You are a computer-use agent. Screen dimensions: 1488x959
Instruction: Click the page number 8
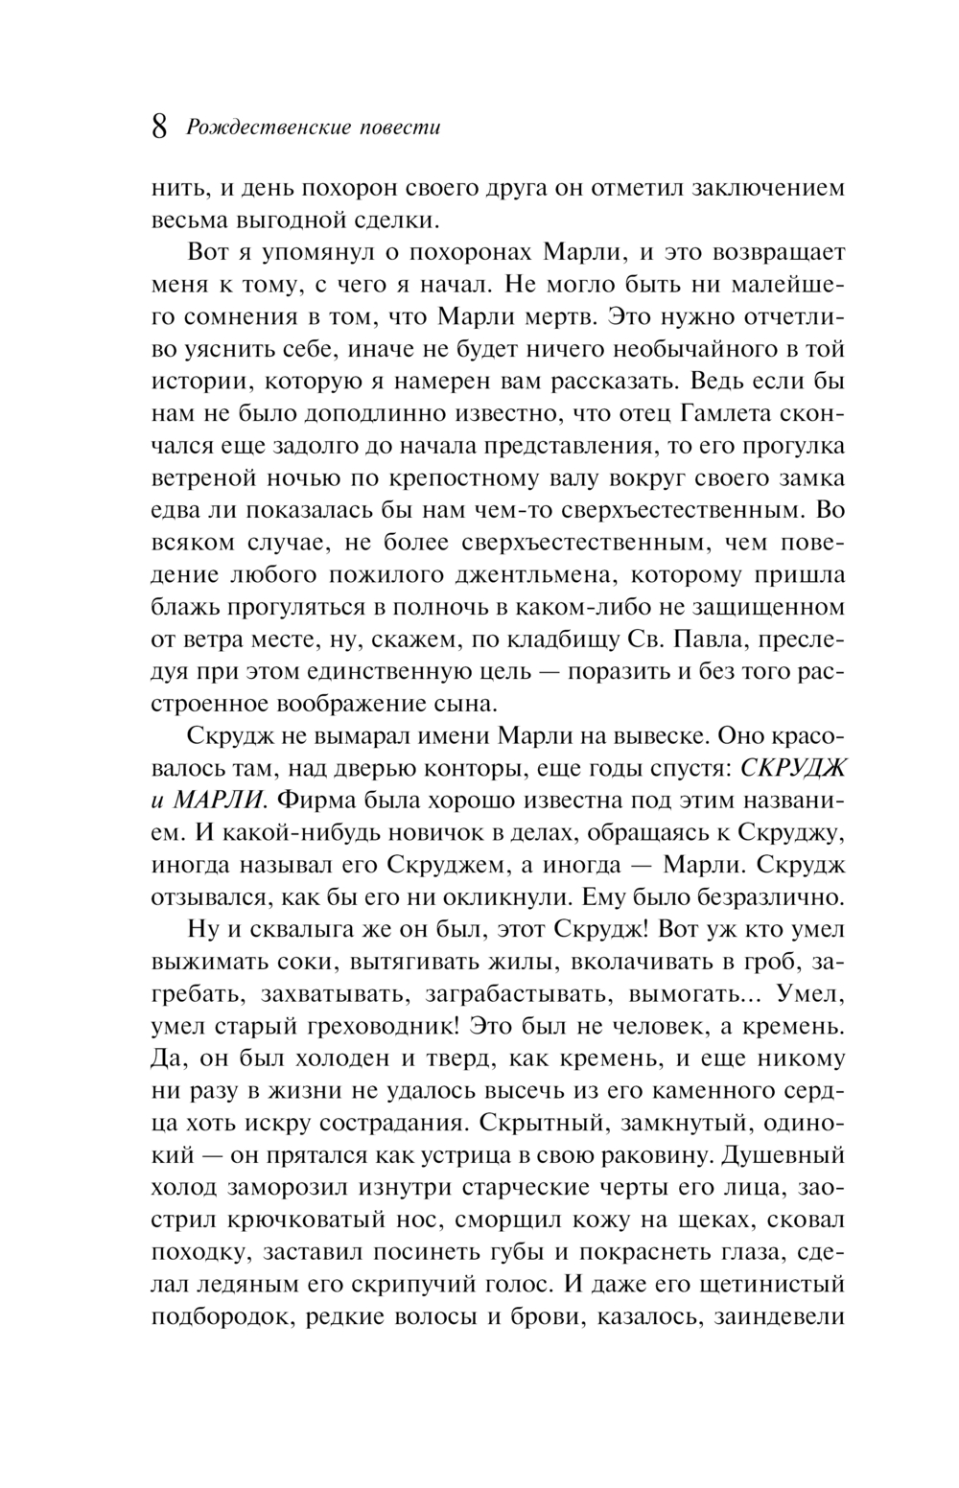point(161,128)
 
